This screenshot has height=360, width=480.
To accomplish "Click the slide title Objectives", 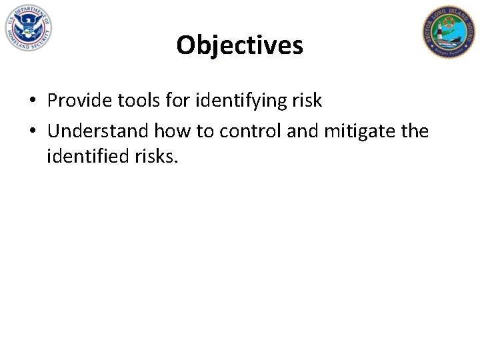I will pyautogui.click(x=239, y=45).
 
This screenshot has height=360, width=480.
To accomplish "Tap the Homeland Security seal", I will pyautogui.click(x=27, y=29).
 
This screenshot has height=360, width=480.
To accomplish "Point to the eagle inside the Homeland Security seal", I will pyautogui.click(x=27, y=27).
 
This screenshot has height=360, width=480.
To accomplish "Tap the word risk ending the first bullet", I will pyautogui.click(x=307, y=101).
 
